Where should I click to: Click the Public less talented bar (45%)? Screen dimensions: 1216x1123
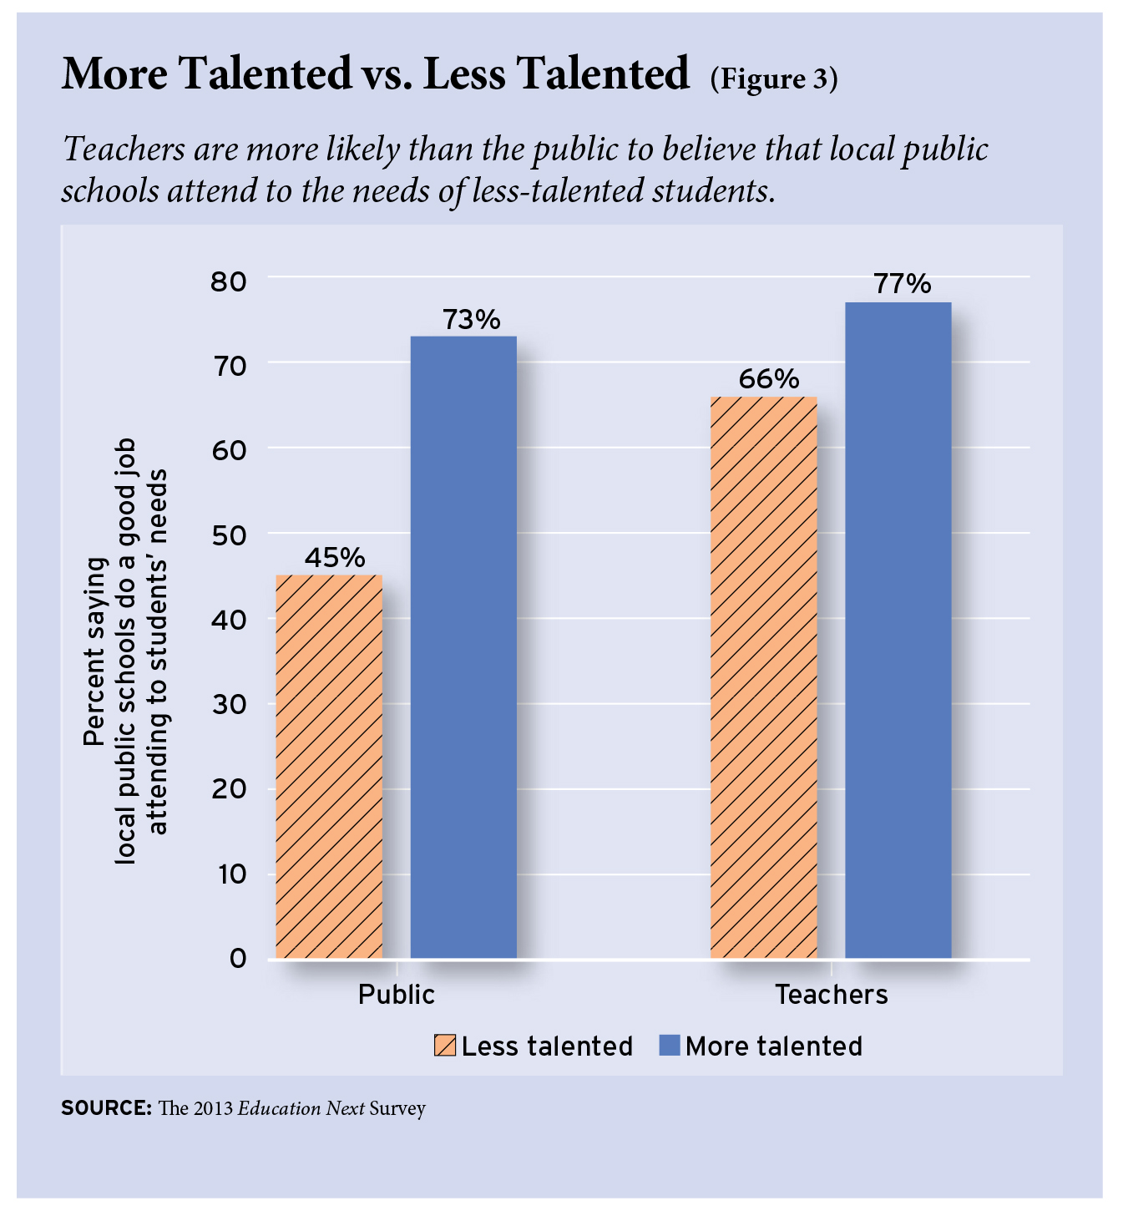(329, 766)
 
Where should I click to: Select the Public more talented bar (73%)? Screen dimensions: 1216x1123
(463, 647)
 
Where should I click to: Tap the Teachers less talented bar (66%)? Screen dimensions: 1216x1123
(763, 677)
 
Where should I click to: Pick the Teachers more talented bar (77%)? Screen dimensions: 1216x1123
(898, 630)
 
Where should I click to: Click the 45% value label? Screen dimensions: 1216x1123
(334, 557)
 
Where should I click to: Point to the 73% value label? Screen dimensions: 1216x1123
(471, 319)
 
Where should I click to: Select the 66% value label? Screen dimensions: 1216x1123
(768, 379)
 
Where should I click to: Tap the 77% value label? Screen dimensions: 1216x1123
(903, 284)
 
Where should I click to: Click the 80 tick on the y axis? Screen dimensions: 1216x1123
(230, 281)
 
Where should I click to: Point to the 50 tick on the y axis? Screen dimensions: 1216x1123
(230, 535)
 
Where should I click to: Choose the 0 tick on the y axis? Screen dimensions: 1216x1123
(238, 958)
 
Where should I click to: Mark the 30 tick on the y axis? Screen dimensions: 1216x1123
(230, 705)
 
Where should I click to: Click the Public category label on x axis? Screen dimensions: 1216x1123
(397, 995)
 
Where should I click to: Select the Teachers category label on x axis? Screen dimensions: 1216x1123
(832, 995)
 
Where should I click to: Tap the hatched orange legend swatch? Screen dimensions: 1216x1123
(445, 1046)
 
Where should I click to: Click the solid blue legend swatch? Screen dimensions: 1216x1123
(670, 1046)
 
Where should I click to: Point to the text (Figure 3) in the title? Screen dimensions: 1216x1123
(774, 79)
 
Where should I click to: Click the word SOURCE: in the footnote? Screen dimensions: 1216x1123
(106, 1109)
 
